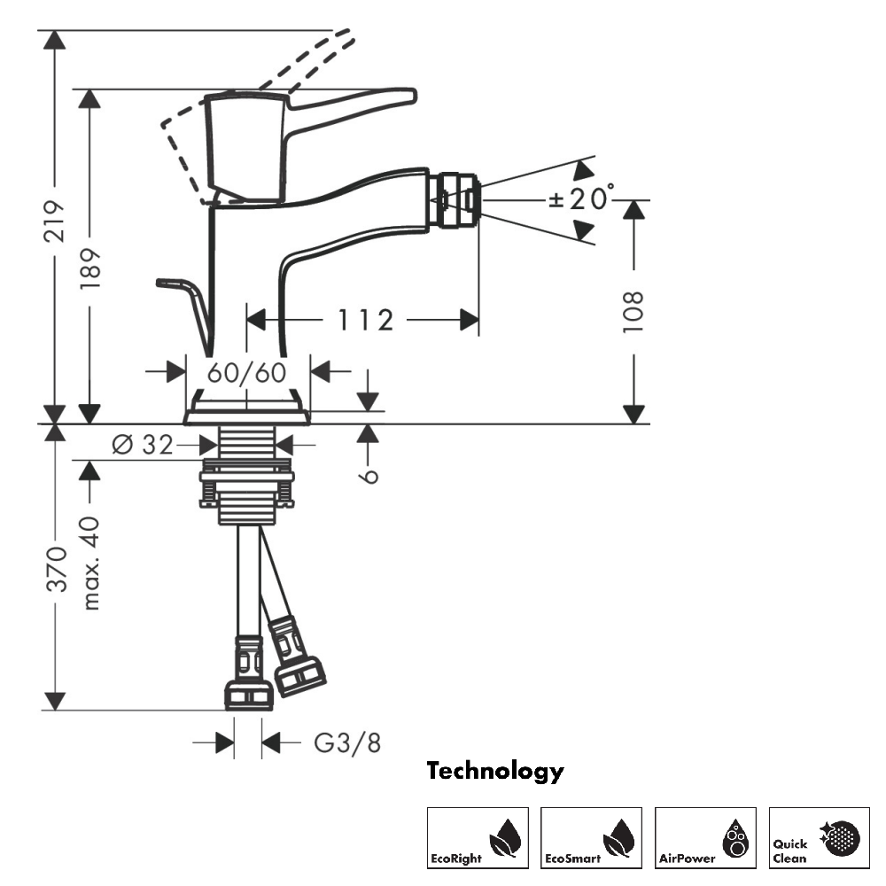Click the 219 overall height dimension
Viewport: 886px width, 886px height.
pyautogui.click(x=55, y=221)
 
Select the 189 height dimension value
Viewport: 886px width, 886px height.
pyautogui.click(x=89, y=268)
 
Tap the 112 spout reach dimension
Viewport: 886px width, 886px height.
pyautogui.click(x=365, y=320)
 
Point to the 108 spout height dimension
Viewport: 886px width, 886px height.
pyautogui.click(x=633, y=312)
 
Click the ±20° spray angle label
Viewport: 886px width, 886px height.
pyautogui.click(x=581, y=198)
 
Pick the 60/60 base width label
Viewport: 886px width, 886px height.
pyautogui.click(x=247, y=372)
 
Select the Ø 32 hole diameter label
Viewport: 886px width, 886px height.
pyautogui.click(x=143, y=445)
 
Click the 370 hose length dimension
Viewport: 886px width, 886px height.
pyautogui.click(x=56, y=569)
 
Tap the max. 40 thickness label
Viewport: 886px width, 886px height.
pyautogui.click(x=90, y=563)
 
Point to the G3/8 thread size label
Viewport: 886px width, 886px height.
pyautogui.click(x=347, y=742)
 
